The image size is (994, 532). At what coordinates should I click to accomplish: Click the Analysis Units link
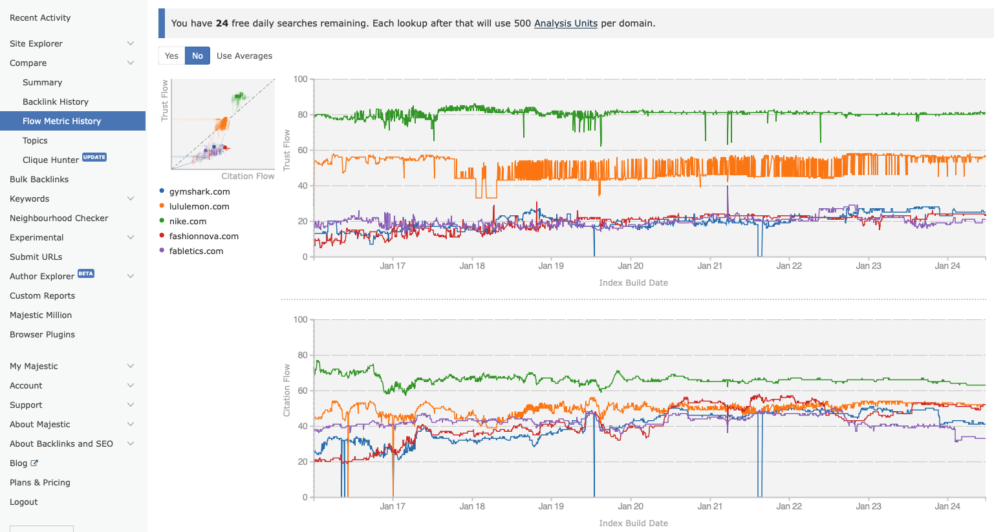(565, 23)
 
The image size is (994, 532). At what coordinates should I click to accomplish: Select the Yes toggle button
(171, 56)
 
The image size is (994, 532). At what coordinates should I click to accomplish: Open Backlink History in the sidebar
(56, 101)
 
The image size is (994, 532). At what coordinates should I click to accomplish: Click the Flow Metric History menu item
(62, 121)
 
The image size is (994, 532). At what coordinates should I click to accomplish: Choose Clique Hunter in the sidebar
(50, 160)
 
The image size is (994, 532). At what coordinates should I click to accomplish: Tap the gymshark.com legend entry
(199, 191)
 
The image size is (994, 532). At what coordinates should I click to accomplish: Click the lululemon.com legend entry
(199, 206)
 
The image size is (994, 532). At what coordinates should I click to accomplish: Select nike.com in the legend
(188, 221)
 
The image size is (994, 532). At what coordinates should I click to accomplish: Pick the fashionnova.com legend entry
(204, 236)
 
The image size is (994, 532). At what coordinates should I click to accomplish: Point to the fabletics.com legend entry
(196, 251)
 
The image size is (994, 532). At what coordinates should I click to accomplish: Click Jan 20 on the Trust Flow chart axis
(630, 266)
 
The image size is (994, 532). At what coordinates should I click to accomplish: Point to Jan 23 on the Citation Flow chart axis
(868, 506)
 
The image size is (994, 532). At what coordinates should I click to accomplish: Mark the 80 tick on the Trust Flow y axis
(302, 115)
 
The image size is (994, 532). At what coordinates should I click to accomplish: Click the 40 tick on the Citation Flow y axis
(302, 426)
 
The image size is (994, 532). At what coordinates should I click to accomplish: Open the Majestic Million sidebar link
(41, 315)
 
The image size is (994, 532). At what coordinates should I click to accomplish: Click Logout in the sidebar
(24, 502)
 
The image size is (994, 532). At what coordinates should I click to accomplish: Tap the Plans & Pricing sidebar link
(40, 482)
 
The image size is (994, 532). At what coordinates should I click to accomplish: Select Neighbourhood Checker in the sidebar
(59, 218)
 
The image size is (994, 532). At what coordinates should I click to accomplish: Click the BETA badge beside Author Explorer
(86, 273)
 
